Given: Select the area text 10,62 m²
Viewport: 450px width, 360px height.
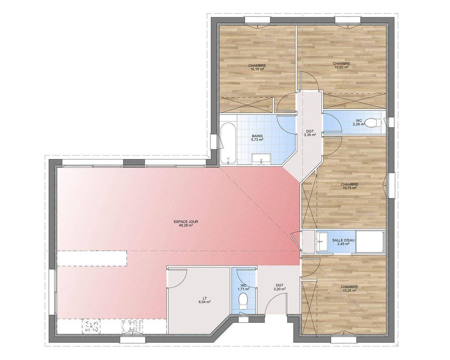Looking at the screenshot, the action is pyautogui.click(x=342, y=67).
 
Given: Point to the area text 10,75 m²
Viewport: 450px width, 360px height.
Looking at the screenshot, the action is pyautogui.click(x=349, y=188).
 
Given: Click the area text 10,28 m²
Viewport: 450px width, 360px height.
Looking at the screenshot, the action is pyautogui.click(x=349, y=290).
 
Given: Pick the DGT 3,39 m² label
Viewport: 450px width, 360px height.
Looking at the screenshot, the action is pyautogui.click(x=310, y=133).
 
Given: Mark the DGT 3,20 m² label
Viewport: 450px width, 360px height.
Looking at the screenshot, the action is pyautogui.click(x=280, y=287).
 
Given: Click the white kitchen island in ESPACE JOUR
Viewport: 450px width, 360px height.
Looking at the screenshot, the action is pyautogui.click(x=92, y=258).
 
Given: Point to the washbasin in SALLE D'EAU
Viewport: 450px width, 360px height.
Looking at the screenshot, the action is pyautogui.click(x=322, y=241).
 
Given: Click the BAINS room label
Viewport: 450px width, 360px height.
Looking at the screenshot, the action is pyautogui.click(x=257, y=136).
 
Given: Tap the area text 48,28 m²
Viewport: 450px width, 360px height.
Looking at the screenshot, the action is pyautogui.click(x=186, y=225).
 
